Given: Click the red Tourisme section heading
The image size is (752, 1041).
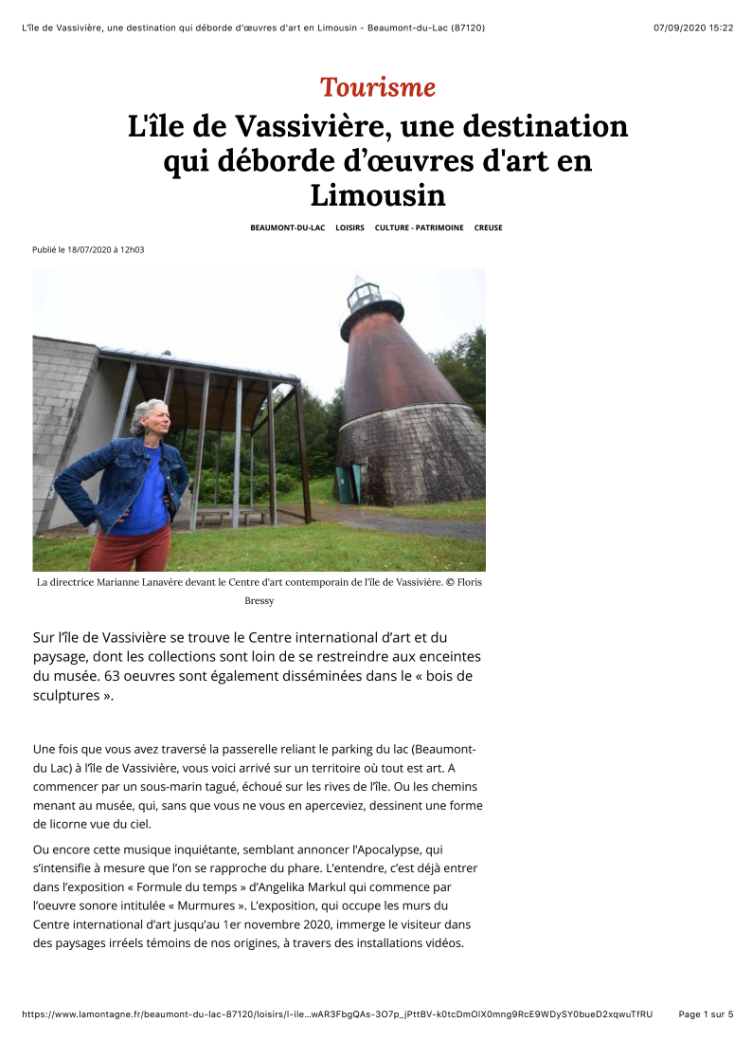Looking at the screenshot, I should [x=377, y=87].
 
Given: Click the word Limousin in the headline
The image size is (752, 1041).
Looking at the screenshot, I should [x=377, y=195].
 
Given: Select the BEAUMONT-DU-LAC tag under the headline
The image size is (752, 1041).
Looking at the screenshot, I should [x=287, y=228].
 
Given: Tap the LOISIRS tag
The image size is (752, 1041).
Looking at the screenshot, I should [x=349, y=228].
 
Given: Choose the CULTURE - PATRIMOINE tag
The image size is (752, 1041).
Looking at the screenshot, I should [x=419, y=228].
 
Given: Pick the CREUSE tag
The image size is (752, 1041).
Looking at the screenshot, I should [x=488, y=228].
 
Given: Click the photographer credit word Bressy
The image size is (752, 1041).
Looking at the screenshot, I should [x=259, y=601].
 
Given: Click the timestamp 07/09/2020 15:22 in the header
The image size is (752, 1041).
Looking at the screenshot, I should [x=692, y=27].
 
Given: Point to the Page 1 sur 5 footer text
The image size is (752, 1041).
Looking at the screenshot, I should [x=706, y=1014].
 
